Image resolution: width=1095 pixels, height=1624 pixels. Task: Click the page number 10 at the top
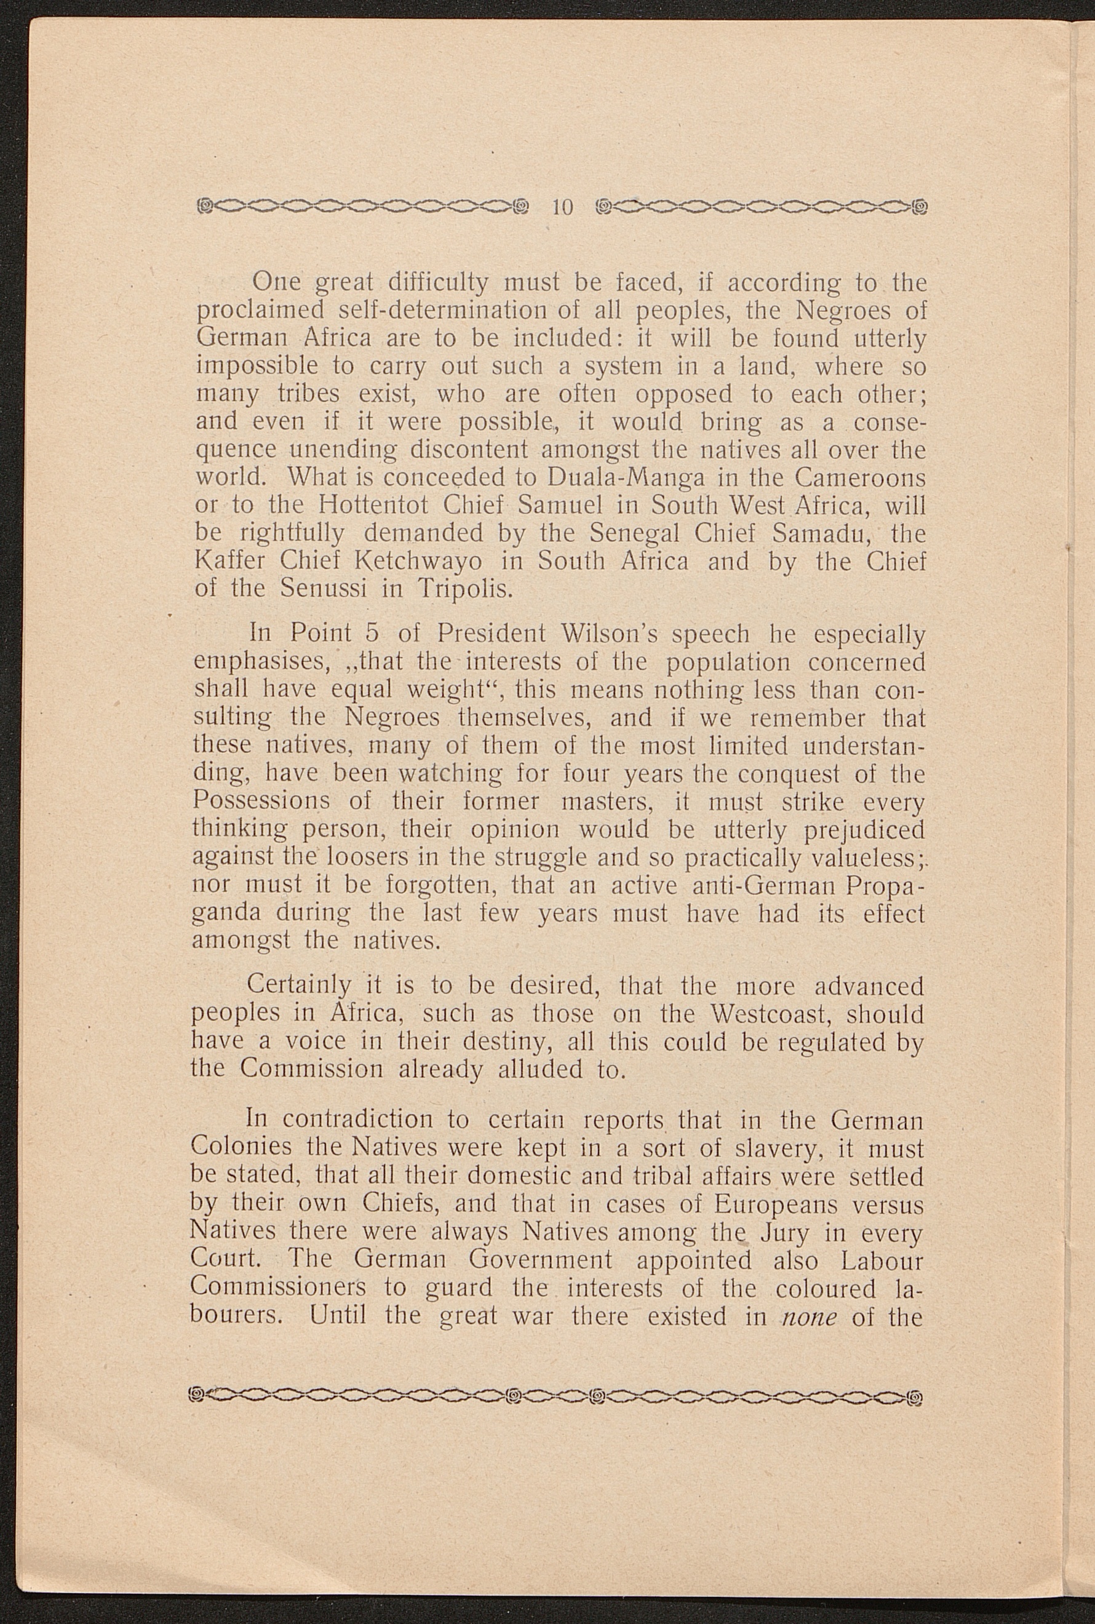click(x=562, y=207)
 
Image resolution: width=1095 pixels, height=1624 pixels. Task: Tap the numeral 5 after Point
click(x=372, y=634)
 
